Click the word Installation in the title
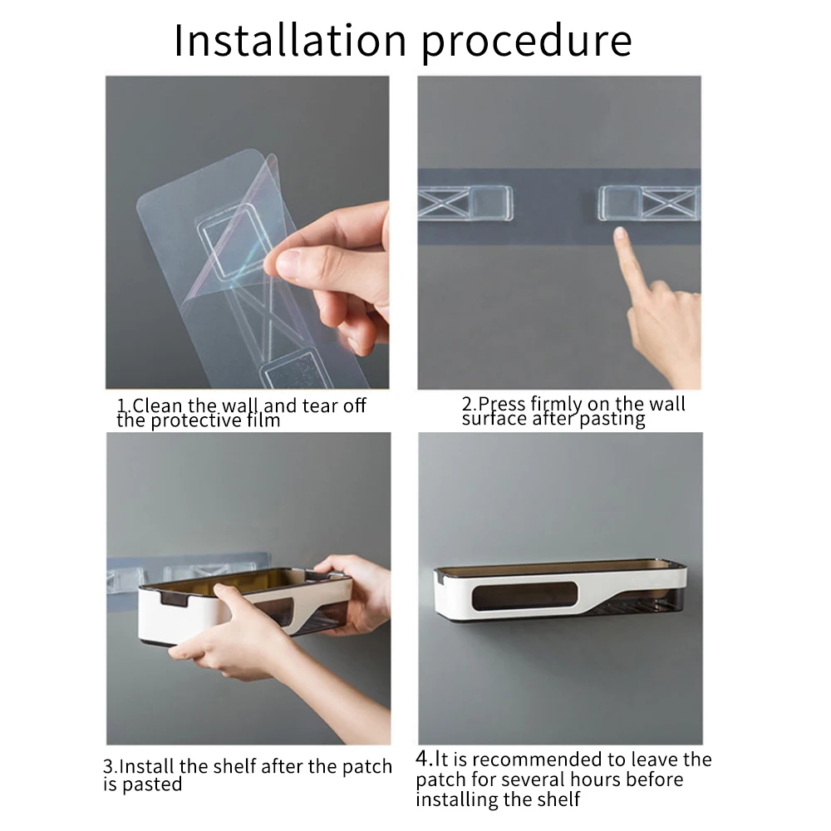click(x=290, y=40)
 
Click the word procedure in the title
click(x=527, y=43)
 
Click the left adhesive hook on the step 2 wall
click(x=465, y=203)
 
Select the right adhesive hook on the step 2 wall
click(x=649, y=203)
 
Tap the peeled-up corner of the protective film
click(x=273, y=159)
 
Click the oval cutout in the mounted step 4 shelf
click(x=524, y=596)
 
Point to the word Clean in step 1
click(x=157, y=406)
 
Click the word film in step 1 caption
click(x=263, y=420)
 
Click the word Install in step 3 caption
click(x=146, y=766)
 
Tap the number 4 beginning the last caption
click(x=422, y=759)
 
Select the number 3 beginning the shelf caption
click(x=108, y=767)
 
